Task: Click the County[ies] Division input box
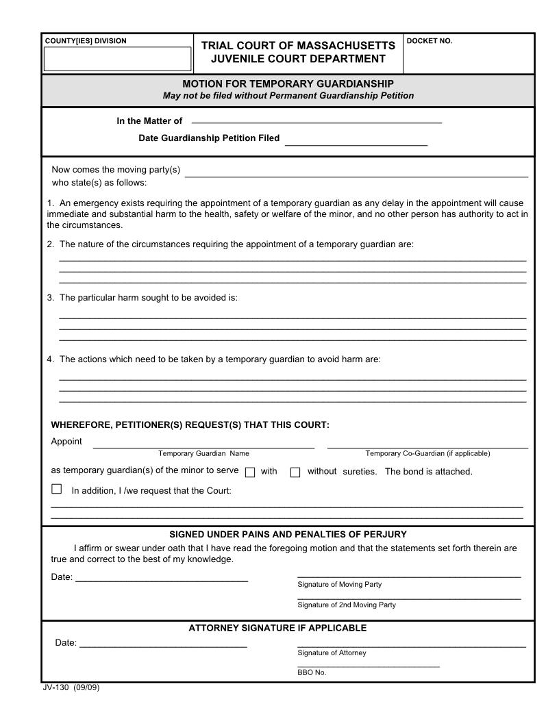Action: [x=117, y=59]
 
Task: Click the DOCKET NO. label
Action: [x=430, y=41]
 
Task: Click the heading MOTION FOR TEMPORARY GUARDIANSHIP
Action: [x=288, y=84]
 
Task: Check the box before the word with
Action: [x=250, y=472]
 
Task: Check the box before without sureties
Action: [x=295, y=472]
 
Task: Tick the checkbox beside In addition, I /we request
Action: [x=57, y=489]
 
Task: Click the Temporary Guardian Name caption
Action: [x=203, y=453]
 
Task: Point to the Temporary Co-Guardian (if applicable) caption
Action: [x=427, y=453]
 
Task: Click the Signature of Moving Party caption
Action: [x=339, y=584]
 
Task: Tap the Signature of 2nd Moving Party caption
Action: [x=346, y=605]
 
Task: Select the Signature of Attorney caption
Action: [x=332, y=652]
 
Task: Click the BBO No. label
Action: [x=312, y=672]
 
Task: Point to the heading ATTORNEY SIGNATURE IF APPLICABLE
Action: [x=277, y=628]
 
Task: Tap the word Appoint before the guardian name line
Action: [x=66, y=442]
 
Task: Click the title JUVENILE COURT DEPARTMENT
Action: [x=298, y=58]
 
